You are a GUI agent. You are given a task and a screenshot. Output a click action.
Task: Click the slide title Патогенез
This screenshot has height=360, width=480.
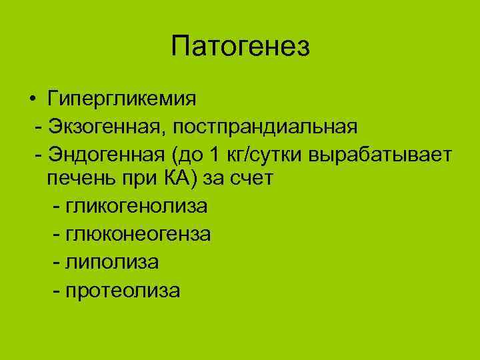pyautogui.click(x=240, y=47)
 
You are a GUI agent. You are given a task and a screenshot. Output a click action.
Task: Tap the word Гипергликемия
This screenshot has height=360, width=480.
pyautogui.click(x=122, y=99)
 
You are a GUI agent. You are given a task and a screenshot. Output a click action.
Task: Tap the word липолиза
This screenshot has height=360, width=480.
pyautogui.click(x=112, y=263)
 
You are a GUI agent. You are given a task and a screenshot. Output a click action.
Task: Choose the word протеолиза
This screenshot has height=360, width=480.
pyautogui.click(x=123, y=291)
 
